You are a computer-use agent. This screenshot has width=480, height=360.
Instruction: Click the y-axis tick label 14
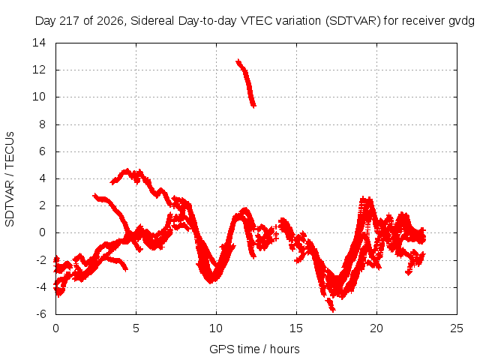pos(39,43)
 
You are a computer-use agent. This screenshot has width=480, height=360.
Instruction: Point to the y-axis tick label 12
pos(39,70)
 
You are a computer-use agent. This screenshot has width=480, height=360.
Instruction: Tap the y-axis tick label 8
pos(42,124)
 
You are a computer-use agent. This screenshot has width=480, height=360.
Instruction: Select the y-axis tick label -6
pos(41,313)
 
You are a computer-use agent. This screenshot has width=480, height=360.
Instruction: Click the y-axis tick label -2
pos(41,260)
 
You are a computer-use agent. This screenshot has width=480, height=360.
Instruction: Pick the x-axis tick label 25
pos(457,328)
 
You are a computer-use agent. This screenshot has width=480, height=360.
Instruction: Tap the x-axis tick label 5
pos(136,328)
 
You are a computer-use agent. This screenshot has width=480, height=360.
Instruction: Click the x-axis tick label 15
pos(296,328)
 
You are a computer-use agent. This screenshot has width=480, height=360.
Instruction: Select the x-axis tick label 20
pos(376,328)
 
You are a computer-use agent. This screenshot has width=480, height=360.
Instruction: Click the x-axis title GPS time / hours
pos(254,349)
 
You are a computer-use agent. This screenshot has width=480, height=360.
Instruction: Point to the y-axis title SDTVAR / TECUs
pos(10,179)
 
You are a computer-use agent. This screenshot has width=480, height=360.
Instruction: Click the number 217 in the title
pos(70,21)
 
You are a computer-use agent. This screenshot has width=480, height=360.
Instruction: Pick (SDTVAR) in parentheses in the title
pos(353,21)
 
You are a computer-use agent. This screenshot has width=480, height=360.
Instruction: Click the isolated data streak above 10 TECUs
pos(246,82)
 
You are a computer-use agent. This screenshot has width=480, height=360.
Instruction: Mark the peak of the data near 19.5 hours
pos(367,198)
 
